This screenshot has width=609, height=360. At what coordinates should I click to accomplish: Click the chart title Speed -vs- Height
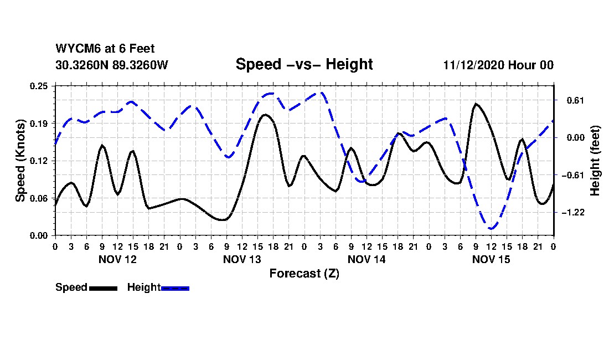pyautogui.click(x=304, y=64)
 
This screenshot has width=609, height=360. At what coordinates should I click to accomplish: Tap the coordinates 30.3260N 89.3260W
pyautogui.click(x=112, y=65)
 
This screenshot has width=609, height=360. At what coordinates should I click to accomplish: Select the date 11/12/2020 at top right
pyautogui.click(x=473, y=65)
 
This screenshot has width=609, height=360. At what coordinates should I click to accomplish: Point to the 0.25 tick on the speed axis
pyautogui.click(x=39, y=86)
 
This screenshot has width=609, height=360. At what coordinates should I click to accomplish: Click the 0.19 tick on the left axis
pyautogui.click(x=39, y=124)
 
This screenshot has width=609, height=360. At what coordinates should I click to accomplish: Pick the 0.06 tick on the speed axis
pyautogui.click(x=39, y=198)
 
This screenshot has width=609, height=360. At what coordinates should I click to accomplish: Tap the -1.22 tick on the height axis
pyautogui.click(x=573, y=213)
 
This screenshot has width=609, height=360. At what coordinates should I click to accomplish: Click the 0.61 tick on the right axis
pyautogui.click(x=576, y=101)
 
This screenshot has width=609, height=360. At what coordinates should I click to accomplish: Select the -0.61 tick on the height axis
pyautogui.click(x=573, y=175)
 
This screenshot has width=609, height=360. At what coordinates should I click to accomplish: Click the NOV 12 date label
pyautogui.click(x=118, y=259)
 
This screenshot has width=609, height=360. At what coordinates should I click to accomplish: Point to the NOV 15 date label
pyautogui.click(x=491, y=259)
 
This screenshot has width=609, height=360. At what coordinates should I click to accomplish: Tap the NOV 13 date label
pyautogui.click(x=242, y=259)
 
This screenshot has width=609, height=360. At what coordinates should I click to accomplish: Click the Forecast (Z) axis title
pyautogui.click(x=304, y=274)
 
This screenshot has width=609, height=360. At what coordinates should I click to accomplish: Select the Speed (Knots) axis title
pyautogui.click(x=20, y=161)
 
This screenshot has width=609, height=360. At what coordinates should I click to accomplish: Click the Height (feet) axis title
pyautogui.click(x=595, y=161)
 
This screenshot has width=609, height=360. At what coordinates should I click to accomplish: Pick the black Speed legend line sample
pyautogui.click(x=104, y=288)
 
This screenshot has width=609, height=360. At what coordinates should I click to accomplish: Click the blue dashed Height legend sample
pyautogui.click(x=175, y=288)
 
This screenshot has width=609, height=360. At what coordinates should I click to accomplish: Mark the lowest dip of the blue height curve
pyautogui.click(x=491, y=229)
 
